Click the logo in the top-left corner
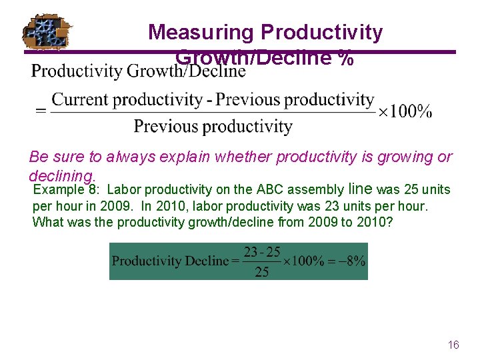coord(47,32)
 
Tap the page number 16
coord(453,345)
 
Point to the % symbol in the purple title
coord(345,59)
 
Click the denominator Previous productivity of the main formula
coord(213,126)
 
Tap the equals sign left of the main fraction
coord(41,112)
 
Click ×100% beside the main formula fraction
coord(405,112)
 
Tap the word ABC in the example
coord(270,189)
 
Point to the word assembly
coord(315,189)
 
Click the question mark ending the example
coord(390,221)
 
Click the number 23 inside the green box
coord(251,253)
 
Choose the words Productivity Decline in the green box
coord(169,261)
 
